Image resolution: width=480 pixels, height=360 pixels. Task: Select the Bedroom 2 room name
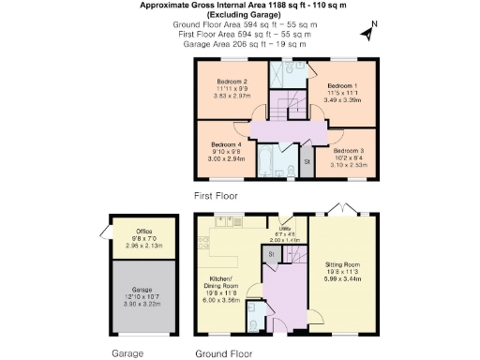pyautogui.click(x=232, y=82)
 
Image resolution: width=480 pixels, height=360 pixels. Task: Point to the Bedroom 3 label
pyautogui.click(x=348, y=149)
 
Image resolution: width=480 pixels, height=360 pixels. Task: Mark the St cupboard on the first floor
pyautogui.click(x=307, y=162)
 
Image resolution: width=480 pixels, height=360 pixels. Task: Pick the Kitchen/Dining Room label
pyautogui.click(x=223, y=286)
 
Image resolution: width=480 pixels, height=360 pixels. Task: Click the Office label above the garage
pyautogui.click(x=142, y=230)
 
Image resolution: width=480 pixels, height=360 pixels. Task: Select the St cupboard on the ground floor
pyautogui.click(x=271, y=254)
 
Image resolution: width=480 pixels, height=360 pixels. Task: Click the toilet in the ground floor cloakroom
pyautogui.click(x=255, y=323)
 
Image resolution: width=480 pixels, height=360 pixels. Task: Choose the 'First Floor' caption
pyautogui.click(x=216, y=197)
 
